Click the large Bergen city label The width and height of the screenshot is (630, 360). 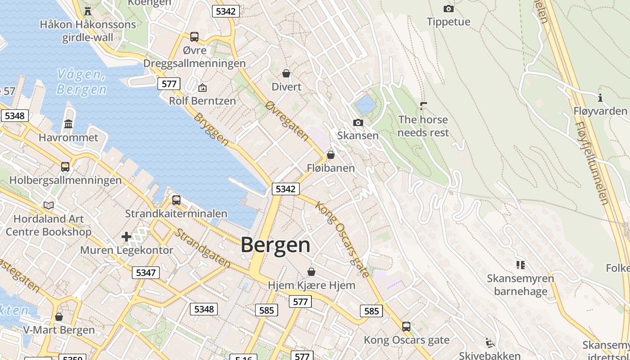pyautogui.click(x=275, y=245)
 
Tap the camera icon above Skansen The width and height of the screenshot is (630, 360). pyautogui.click(x=358, y=122)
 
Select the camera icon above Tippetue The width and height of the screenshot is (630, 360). pyautogui.click(x=448, y=9)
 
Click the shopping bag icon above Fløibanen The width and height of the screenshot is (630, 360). pyautogui.click(x=331, y=155)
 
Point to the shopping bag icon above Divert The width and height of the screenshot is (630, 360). pyautogui.click(x=286, y=73)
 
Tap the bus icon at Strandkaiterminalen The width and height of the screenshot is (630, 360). pyautogui.click(x=176, y=200)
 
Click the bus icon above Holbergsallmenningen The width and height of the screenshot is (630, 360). pyautogui.click(x=65, y=167)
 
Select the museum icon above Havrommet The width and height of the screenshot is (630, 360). pyautogui.click(x=68, y=124)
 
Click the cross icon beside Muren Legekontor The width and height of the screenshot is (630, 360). pyautogui.click(x=126, y=237)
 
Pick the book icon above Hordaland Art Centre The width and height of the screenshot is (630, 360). pyautogui.click(x=49, y=206)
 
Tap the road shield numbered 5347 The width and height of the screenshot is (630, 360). pyautogui.click(x=146, y=272)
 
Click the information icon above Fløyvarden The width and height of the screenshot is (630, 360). pyautogui.click(x=600, y=98)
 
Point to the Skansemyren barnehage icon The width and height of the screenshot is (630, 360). pyautogui.click(x=520, y=265)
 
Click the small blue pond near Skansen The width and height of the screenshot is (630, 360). pyautogui.click(x=365, y=105)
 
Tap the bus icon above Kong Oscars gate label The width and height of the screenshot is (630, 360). pyautogui.click(x=406, y=326)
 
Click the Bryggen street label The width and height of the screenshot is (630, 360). pyautogui.click(x=211, y=129)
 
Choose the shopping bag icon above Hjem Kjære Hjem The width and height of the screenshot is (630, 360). pyautogui.click(x=311, y=272)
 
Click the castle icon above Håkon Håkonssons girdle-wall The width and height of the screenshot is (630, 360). pyautogui.click(x=88, y=11)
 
